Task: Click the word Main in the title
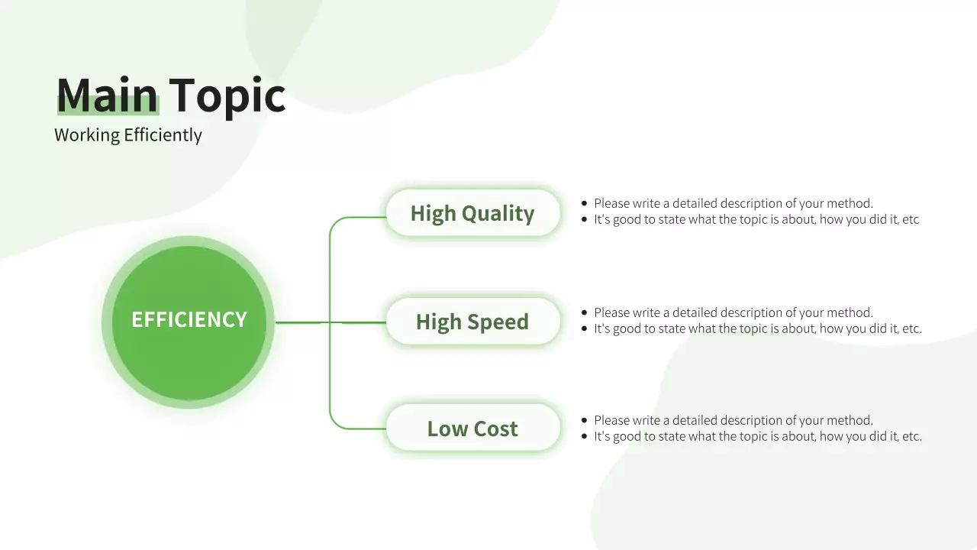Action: coord(107,96)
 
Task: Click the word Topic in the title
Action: coord(227,96)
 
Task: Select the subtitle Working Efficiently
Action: coord(128,135)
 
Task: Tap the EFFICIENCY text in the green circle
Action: coord(189,319)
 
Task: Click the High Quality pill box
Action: coord(472,213)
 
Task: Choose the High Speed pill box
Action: coord(472,322)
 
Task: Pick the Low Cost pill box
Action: coord(472,429)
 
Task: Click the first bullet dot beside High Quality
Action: coord(585,203)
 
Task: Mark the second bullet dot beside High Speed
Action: coord(585,328)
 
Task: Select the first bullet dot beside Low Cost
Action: coord(585,420)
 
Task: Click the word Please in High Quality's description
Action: coord(612,203)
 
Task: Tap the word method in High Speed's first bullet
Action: coord(851,312)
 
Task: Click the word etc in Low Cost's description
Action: coord(911,436)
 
